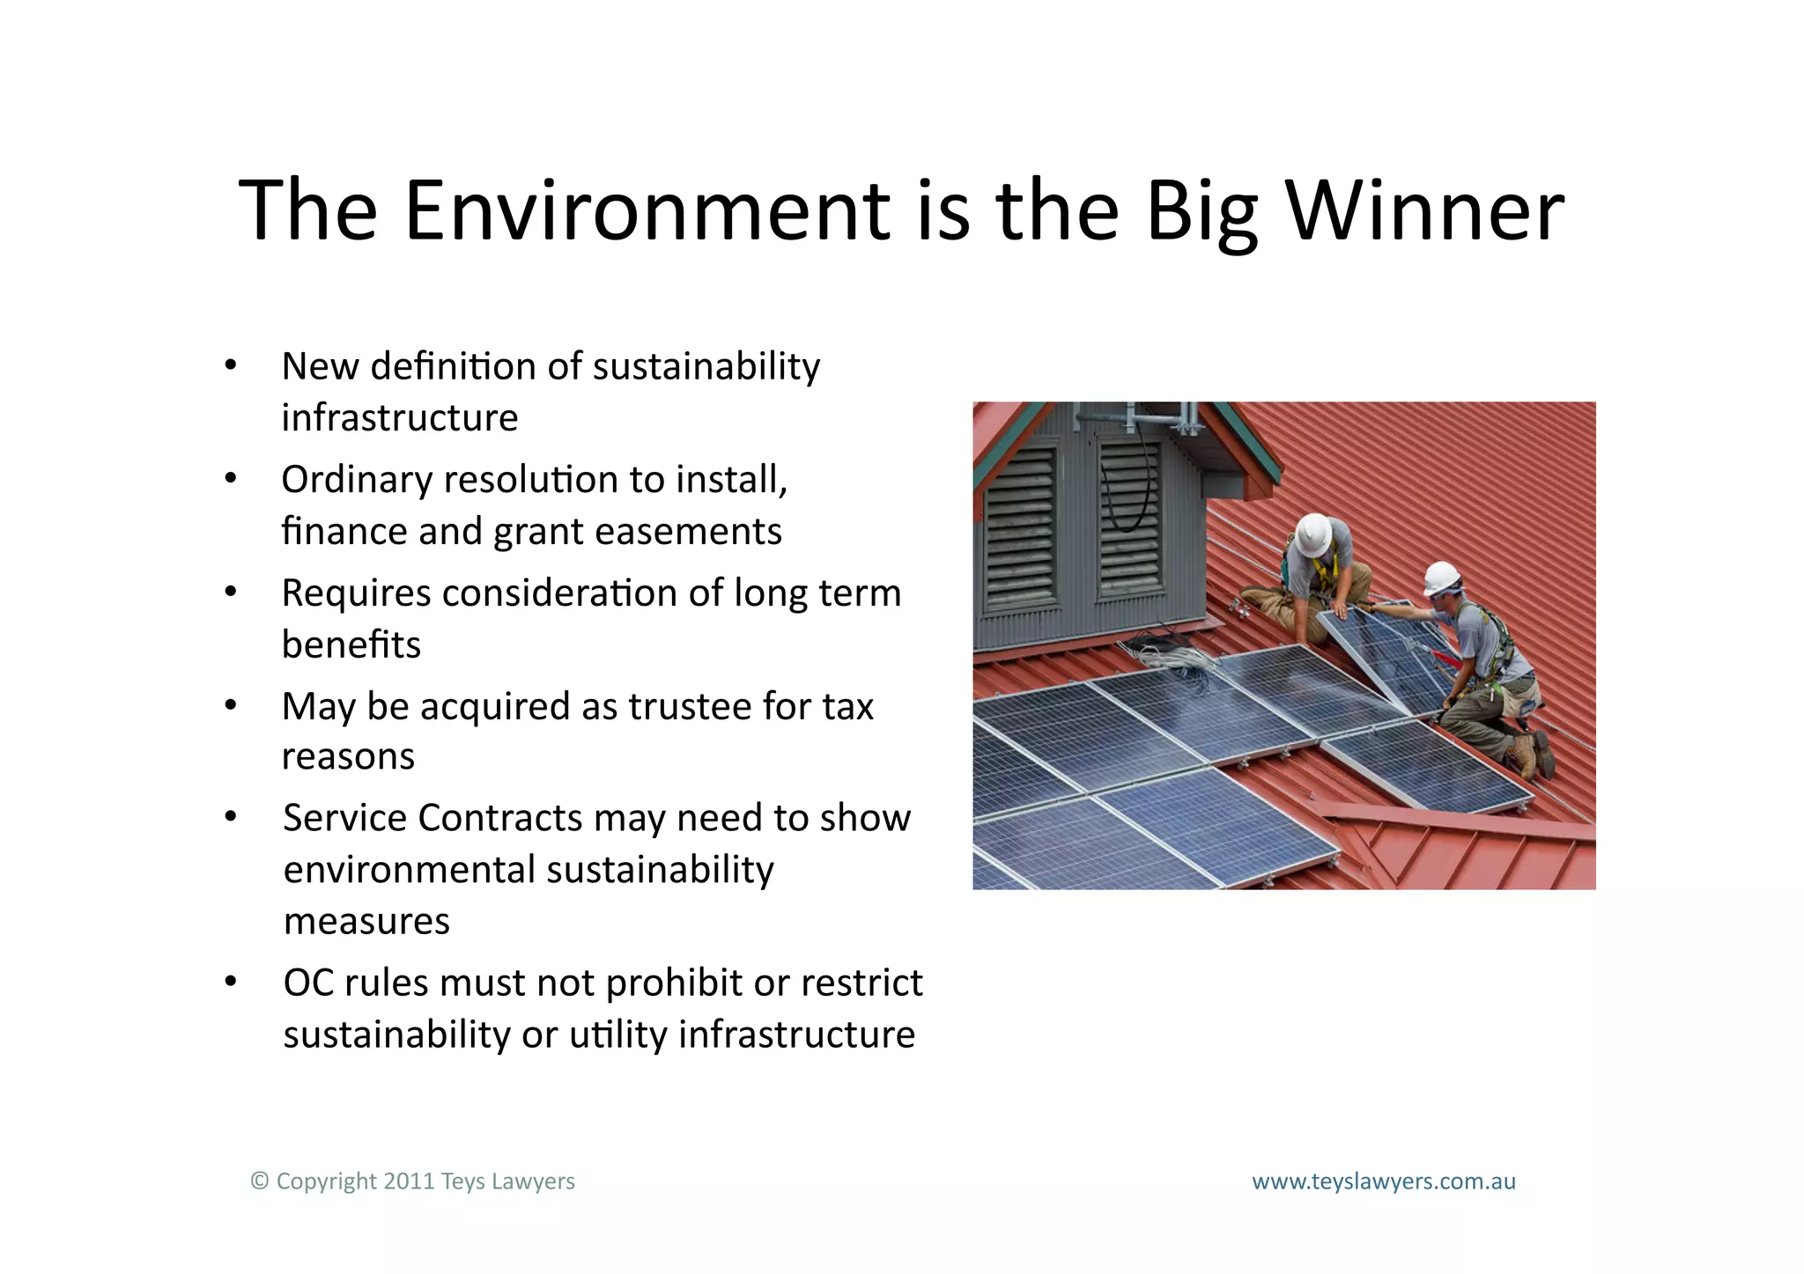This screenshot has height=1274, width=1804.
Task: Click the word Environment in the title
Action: coord(647,211)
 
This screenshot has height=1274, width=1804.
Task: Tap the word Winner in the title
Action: coord(1424,211)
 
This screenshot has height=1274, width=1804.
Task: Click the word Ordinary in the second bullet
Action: coord(357,481)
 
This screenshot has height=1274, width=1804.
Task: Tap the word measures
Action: coord(366,922)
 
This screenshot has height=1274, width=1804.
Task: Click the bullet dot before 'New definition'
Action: coord(231,365)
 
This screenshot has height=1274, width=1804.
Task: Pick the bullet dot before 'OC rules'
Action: coord(231,982)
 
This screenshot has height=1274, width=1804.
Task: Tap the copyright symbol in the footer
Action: coord(259,1182)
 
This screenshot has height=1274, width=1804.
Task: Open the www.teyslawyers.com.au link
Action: coord(1383,1182)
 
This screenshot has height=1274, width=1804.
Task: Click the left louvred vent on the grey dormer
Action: coord(1020,528)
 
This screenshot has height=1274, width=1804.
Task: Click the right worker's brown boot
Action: coord(1526,755)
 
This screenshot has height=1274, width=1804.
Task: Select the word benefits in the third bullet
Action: coord(351,645)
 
